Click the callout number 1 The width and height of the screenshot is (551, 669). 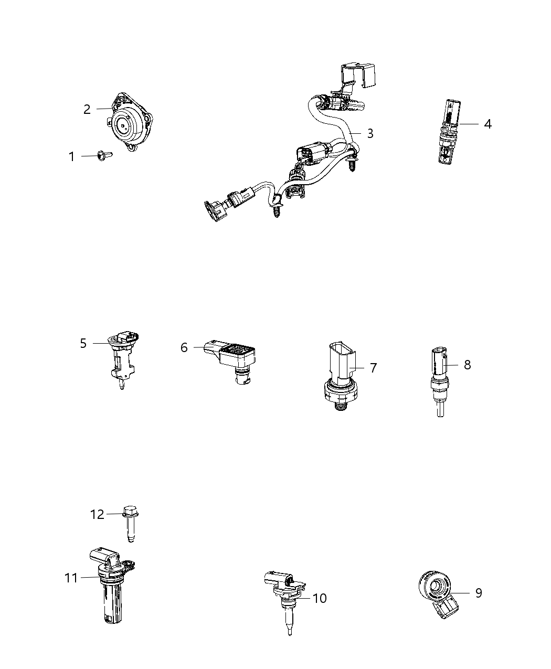pos(72,156)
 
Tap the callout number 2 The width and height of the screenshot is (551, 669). pos(87,109)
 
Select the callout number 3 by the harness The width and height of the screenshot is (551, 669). pos(370,133)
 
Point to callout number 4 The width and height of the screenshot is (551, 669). pos(488,124)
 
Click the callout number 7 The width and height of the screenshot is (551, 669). pos(373,368)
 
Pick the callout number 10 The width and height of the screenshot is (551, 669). pos(319,598)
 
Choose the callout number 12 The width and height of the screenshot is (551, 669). pos(97,515)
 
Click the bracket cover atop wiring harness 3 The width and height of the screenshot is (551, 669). pos(359,76)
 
